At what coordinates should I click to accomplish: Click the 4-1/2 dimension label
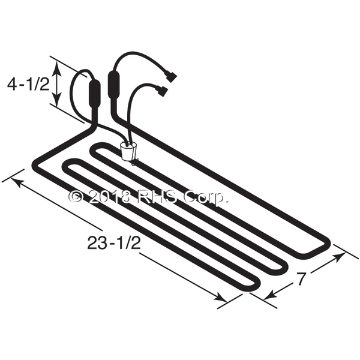click(x=28, y=84)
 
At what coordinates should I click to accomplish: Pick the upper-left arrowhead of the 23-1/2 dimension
click(x=17, y=182)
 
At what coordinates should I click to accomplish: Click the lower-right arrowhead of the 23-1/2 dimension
click(x=220, y=298)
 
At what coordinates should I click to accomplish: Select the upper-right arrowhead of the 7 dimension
click(x=339, y=257)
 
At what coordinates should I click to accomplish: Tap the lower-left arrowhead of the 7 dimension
click(x=271, y=295)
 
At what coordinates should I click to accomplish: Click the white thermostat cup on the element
click(x=128, y=152)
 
